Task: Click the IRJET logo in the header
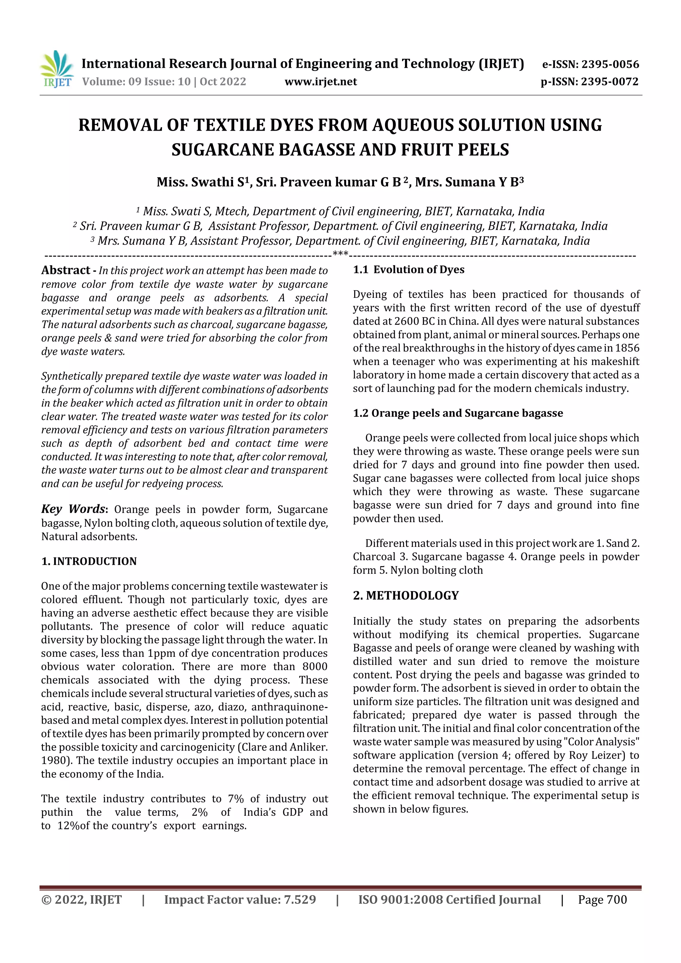57,69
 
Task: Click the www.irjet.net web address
321,81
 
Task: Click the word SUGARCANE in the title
222,150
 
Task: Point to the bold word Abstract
66,270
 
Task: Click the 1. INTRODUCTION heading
89,561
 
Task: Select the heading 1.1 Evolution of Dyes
408,269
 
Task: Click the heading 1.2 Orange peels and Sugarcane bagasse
458,413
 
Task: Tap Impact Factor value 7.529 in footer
240,900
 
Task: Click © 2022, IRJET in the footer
81,900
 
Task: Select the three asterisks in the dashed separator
340,253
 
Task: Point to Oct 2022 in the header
223,81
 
